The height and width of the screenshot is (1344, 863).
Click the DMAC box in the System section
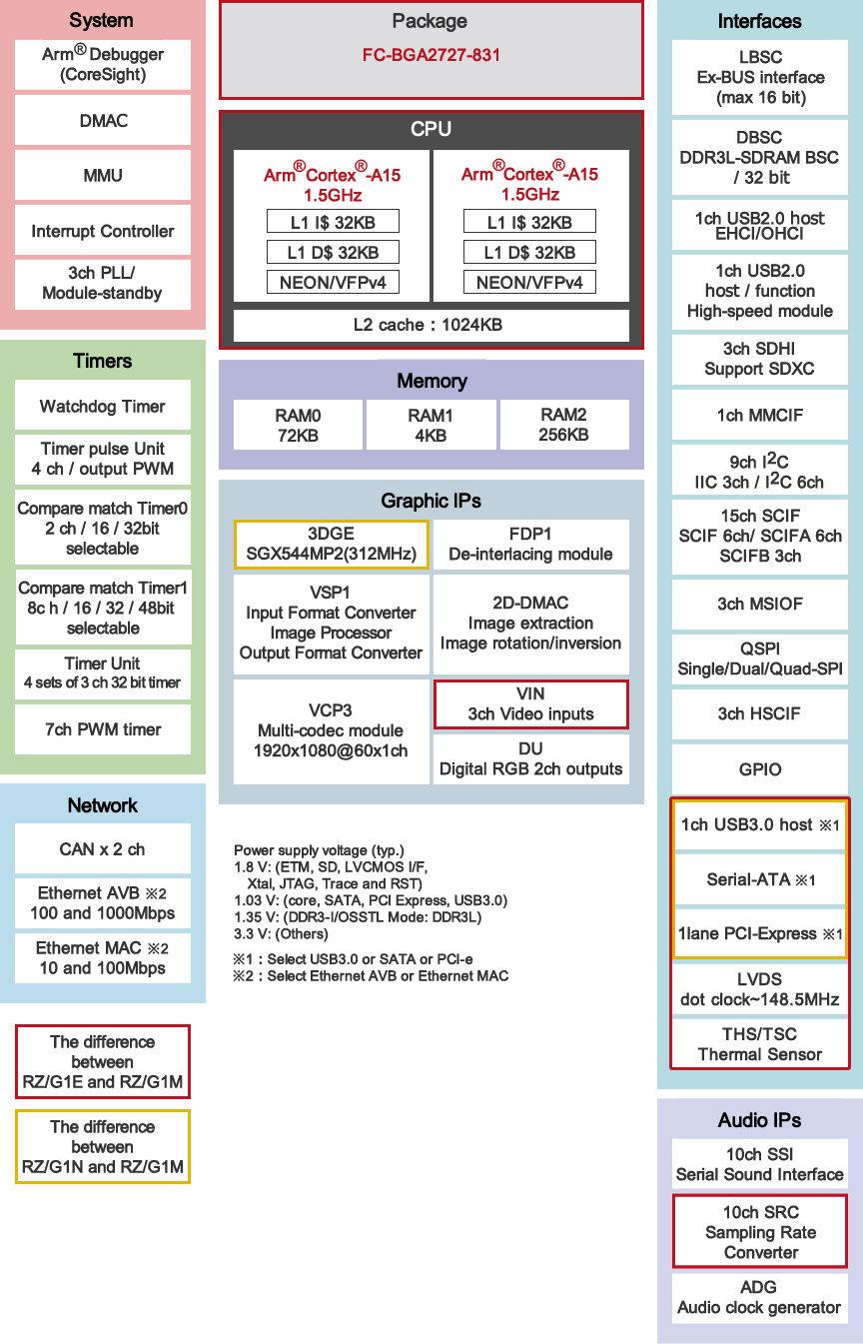pos(103,120)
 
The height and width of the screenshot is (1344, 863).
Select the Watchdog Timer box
pos(103,406)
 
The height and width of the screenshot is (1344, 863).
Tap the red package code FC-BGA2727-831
pos(431,55)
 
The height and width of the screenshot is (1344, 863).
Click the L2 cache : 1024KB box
pos(431,325)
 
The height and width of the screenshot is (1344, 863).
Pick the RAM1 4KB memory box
pos(431,425)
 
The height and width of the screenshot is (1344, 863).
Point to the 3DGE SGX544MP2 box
pos(331,544)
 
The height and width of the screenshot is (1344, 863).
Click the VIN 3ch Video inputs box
pos(530,704)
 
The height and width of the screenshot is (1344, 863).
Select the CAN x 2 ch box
pos(103,849)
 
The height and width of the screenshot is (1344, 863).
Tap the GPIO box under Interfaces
pos(760,769)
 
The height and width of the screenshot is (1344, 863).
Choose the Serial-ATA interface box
pos(760,879)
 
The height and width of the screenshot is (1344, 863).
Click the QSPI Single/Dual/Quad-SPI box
pos(760,659)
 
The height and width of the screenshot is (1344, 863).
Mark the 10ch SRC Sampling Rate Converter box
pos(760,1232)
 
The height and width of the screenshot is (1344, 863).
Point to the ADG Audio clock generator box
pos(760,1298)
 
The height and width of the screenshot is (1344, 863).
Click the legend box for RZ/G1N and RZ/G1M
pos(103,1146)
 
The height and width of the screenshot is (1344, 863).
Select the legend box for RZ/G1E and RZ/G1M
pos(103,1061)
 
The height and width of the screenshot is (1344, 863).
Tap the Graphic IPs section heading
pos(431,501)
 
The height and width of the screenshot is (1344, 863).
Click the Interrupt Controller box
pos(103,231)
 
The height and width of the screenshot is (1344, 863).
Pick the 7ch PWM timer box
pos(103,729)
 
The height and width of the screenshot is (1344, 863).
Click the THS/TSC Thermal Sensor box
pos(760,1044)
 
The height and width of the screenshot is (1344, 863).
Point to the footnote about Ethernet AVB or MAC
pos(371,976)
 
